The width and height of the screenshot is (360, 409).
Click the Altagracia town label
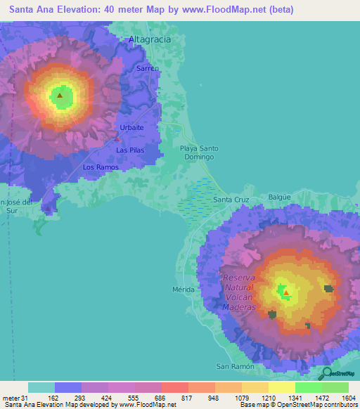click(150, 39)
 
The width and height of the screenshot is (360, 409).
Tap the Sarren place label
click(148, 69)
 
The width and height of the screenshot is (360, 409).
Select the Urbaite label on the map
click(131, 127)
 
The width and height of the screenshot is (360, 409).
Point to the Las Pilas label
click(131, 150)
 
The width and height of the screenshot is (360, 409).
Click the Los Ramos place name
click(101, 167)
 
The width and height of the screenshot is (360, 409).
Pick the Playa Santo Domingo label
click(199, 152)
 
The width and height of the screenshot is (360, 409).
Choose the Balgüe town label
click(280, 197)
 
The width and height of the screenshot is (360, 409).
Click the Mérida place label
click(183, 290)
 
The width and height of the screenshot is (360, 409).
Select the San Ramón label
click(233, 367)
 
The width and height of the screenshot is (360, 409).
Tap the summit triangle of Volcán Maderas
click(286, 292)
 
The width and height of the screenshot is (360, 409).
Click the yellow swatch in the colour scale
click(281, 387)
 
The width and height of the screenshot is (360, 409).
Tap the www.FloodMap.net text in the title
click(217, 9)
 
